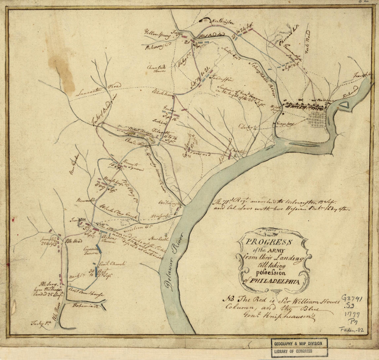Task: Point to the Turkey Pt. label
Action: click(40, 323)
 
